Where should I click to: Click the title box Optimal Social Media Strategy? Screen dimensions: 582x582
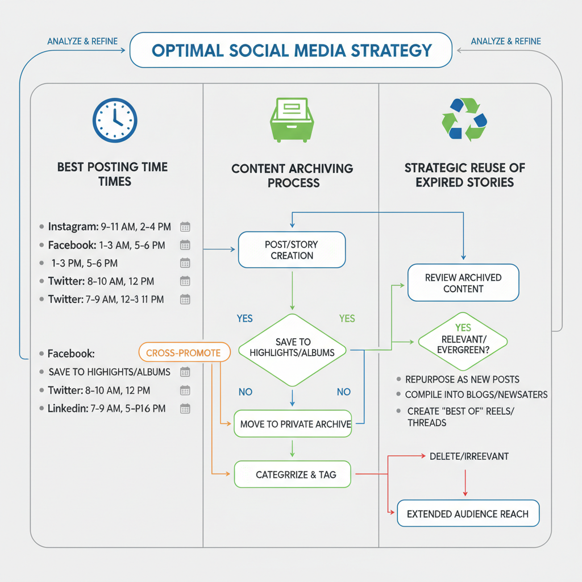tap(291, 50)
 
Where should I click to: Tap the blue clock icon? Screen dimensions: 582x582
tap(114, 120)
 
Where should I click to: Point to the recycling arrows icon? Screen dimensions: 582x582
tap(464, 120)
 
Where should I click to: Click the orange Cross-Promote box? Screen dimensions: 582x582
tap(184, 353)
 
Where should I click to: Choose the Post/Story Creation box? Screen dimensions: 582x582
tap(292, 250)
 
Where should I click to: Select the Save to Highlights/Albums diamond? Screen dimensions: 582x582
tap(292, 347)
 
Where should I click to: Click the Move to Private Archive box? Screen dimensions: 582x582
tap(292, 424)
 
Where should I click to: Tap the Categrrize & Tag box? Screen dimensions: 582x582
tap(292, 474)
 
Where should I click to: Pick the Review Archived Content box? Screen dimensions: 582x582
tap(463, 282)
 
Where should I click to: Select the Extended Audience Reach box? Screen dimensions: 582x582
tap(467, 514)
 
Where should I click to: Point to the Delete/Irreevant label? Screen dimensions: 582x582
tap(469, 456)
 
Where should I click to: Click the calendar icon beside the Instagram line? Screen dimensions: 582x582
tap(185, 227)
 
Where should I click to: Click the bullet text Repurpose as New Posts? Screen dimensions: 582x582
tap(462, 379)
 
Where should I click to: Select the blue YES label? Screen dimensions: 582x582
tap(245, 318)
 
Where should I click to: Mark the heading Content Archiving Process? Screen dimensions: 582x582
tap(292, 176)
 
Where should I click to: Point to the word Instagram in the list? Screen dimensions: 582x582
tap(73, 227)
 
